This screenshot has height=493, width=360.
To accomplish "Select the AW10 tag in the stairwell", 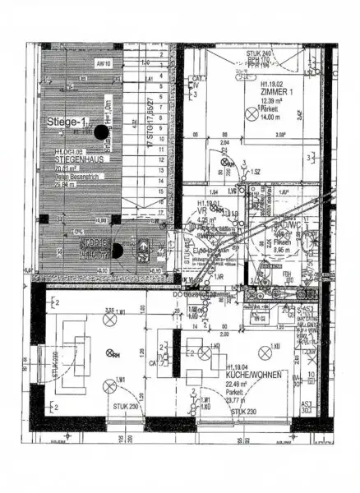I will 103,63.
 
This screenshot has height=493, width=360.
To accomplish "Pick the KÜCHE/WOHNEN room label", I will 255,375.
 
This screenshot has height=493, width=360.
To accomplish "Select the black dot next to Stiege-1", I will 100,131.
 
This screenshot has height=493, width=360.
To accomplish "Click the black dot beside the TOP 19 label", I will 117,250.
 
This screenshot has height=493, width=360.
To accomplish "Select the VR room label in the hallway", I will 201,210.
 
